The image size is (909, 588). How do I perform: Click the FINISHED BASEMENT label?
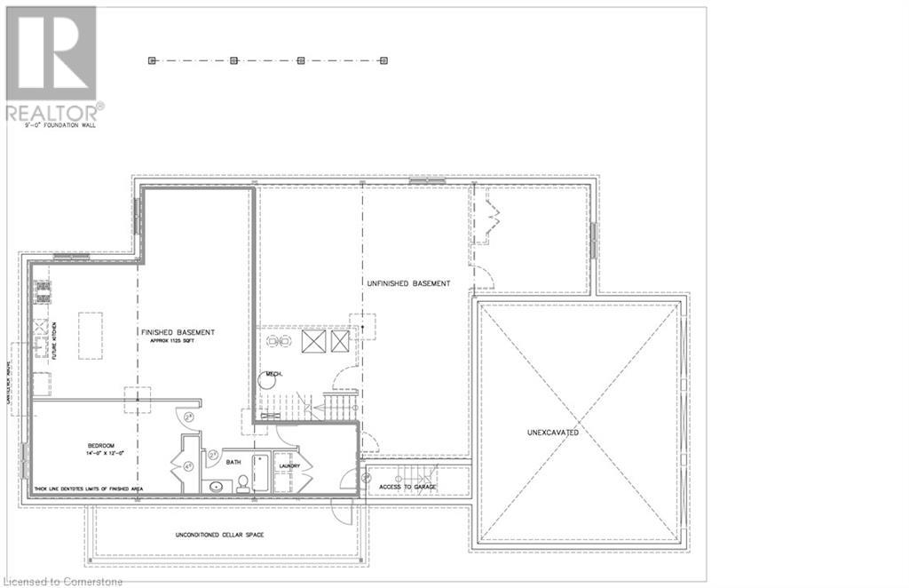(178, 332)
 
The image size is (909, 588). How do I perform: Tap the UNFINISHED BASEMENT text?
(408, 283)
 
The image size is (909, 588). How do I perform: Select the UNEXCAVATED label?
(553, 433)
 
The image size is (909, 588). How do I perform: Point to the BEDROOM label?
(100, 445)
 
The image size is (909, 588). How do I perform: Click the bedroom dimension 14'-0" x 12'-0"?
(100, 454)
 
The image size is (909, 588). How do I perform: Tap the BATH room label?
(233, 462)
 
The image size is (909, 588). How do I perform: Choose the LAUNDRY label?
(289, 466)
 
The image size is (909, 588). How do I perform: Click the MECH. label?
(274, 374)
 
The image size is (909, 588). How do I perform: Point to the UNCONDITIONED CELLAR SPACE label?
(219, 535)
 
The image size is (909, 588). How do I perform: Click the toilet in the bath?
(241, 483)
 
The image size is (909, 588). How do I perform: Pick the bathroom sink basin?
(216, 487)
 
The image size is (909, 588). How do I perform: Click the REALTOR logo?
(51, 62)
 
